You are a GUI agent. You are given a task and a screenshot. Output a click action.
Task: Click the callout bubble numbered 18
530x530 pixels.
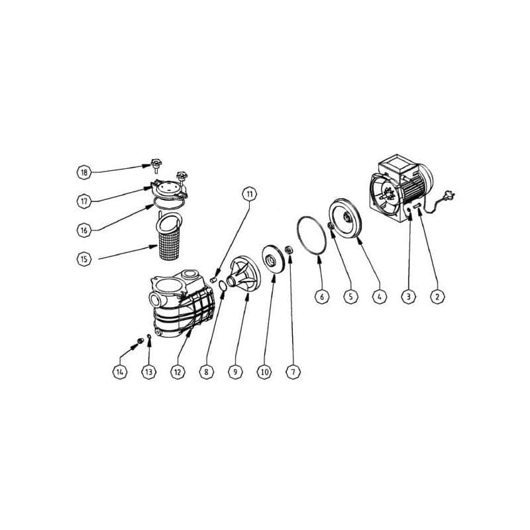(84, 172)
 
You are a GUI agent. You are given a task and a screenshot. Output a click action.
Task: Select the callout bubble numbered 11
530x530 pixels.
(250, 194)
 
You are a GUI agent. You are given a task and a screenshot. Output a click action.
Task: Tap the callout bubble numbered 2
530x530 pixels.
(437, 297)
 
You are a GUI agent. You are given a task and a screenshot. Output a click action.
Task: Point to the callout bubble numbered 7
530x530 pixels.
(293, 372)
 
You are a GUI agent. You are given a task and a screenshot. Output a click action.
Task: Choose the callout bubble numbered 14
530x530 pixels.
(120, 372)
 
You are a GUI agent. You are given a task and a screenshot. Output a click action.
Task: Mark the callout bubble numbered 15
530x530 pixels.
(84, 259)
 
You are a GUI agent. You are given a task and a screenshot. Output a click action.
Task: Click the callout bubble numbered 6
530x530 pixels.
(321, 297)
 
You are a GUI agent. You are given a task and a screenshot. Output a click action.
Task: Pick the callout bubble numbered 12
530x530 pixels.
(178, 372)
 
